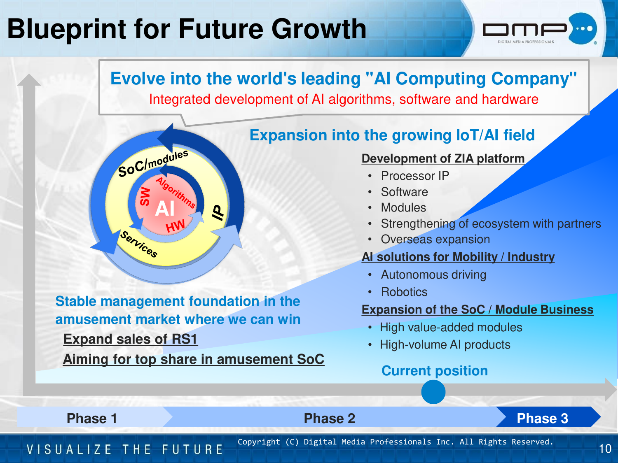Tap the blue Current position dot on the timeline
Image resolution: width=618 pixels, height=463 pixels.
433,392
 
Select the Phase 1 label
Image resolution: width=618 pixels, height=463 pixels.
92,418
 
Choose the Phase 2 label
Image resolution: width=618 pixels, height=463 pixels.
330,418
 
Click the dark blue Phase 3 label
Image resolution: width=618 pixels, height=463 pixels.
542,418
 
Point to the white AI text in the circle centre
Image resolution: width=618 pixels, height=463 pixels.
165,209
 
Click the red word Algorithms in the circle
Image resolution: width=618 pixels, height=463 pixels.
176,193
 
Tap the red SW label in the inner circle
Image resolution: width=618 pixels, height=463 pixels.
145,196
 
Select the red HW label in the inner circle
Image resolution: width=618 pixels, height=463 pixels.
175,226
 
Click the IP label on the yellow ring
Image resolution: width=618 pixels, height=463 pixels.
218,212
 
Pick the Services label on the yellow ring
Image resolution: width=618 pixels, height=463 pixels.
139,244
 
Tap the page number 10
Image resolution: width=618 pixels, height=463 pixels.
605,449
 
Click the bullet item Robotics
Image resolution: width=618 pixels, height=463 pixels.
404,292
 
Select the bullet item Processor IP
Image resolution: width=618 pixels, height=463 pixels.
415,176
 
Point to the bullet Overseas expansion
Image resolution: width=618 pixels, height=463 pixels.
435,239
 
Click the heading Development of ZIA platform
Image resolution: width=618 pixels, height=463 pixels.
443,158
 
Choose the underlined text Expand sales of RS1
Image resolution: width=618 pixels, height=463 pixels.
130,339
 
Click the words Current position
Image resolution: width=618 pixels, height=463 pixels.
434,370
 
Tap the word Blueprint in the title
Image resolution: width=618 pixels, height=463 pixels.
66,29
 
